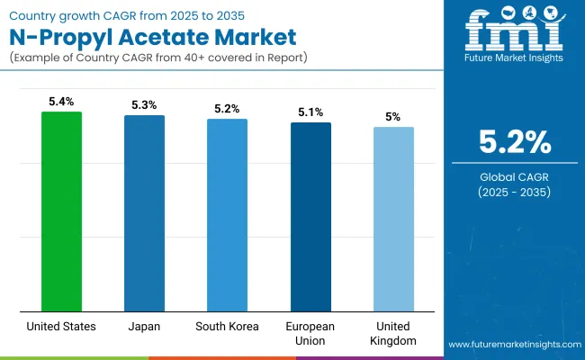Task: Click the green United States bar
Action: coord(61,211)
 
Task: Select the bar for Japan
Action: coord(144,213)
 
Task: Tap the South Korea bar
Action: coord(227,215)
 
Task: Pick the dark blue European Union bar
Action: coord(310,217)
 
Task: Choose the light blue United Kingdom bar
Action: coord(393,219)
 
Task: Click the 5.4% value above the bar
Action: coord(61,103)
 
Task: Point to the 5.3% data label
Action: coord(144,106)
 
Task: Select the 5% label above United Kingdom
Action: coord(393,118)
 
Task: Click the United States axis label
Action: coord(61,326)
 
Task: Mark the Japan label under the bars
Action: coord(144,326)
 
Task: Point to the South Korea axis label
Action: coord(227,326)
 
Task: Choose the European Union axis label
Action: coord(310,332)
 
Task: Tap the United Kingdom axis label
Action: coord(393,332)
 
